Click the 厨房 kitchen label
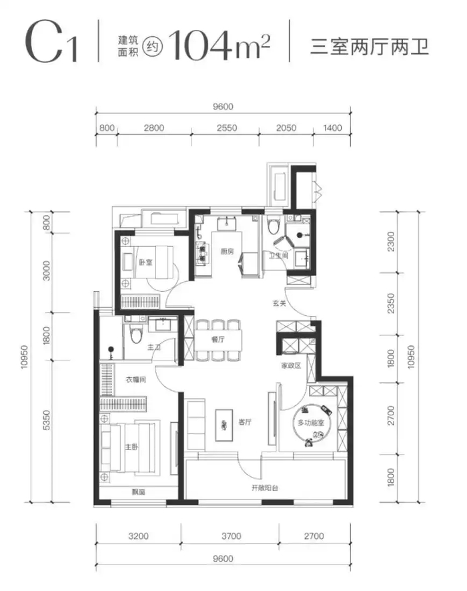click(227, 251)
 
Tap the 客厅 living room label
click(245, 422)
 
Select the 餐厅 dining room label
click(218, 339)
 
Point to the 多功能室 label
click(311, 423)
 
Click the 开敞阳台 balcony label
click(265, 487)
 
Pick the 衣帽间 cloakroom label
click(135, 379)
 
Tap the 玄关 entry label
click(280, 303)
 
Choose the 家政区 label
click(291, 365)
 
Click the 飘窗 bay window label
click(139, 492)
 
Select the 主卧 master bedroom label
click(131, 447)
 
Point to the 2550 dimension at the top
click(227, 128)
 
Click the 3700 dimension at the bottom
click(231, 536)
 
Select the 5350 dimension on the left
click(46, 420)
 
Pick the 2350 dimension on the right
click(391, 303)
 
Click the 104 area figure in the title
click(200, 45)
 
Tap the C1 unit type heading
click(51, 42)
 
